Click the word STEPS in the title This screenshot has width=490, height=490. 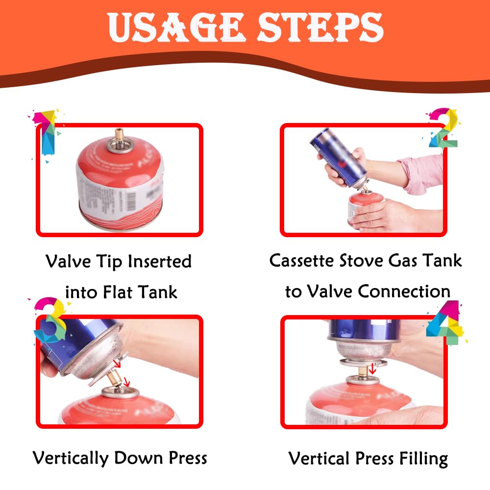(x=320, y=27)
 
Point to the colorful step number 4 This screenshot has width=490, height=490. (x=445, y=322)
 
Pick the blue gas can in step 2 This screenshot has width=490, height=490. (x=339, y=158)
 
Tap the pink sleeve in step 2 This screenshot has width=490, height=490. (x=422, y=174)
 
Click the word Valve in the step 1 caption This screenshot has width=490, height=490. (x=68, y=261)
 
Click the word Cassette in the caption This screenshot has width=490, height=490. (x=301, y=260)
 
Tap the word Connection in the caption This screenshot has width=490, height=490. (x=404, y=291)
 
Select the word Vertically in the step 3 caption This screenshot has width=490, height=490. (x=71, y=459)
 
